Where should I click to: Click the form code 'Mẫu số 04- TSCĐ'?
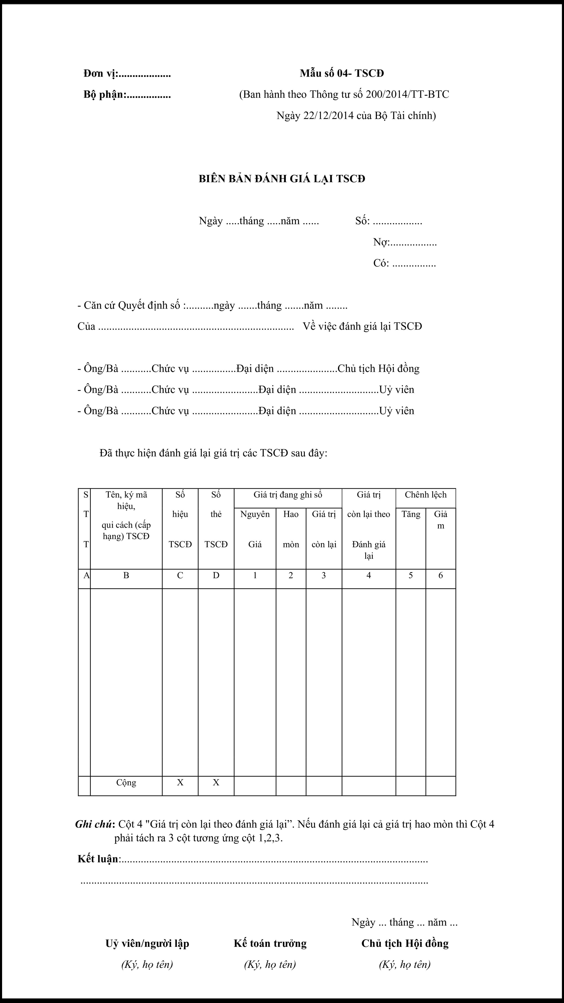coord(342,73)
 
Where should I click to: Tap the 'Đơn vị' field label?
coord(100,73)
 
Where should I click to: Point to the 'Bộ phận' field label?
coord(104,95)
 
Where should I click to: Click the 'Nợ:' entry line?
coord(405,243)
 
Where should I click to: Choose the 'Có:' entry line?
coord(404,263)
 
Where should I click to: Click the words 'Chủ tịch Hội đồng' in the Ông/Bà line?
coord(378,369)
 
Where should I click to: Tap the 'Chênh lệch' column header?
coord(426,495)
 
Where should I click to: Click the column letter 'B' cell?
coord(126,575)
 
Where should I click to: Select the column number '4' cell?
coord(369,575)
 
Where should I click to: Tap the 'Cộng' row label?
coord(126,783)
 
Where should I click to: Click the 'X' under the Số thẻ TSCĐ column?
coord(216,783)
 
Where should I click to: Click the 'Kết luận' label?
coord(98,859)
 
